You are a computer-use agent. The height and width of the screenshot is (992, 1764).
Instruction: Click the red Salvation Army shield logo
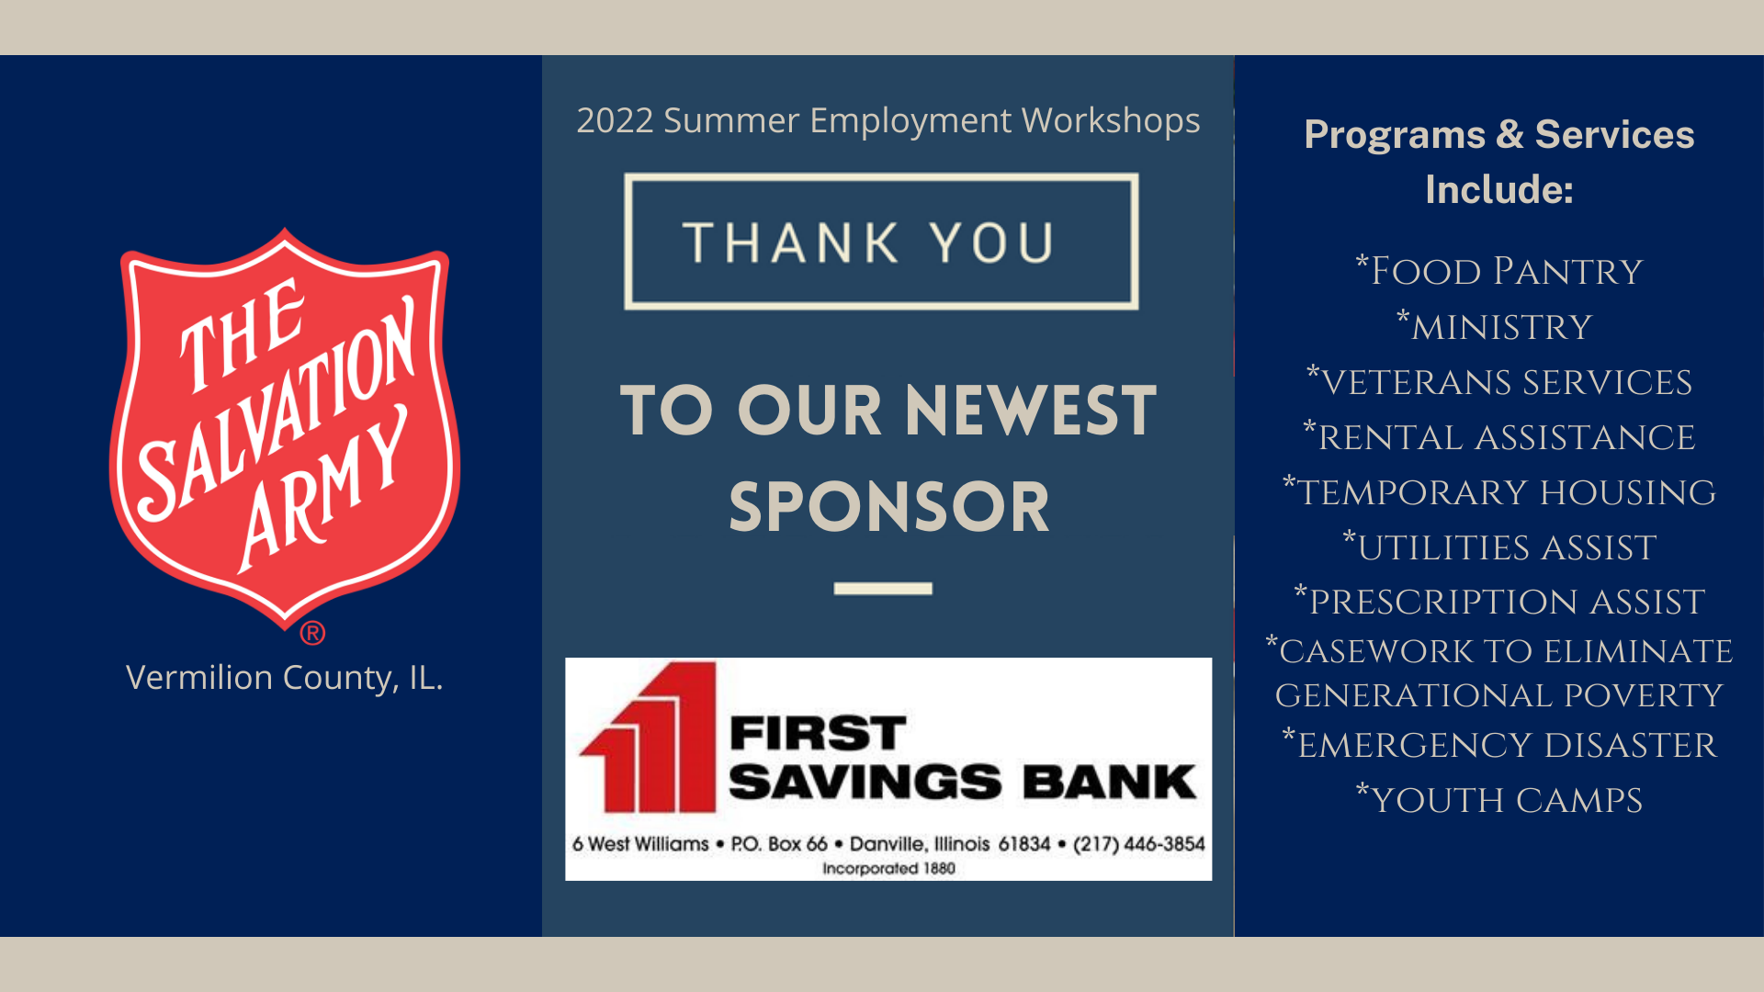(285, 427)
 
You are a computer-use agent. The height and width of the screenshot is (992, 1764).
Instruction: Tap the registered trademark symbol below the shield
(312, 633)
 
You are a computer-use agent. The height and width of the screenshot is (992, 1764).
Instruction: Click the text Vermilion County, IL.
(285, 678)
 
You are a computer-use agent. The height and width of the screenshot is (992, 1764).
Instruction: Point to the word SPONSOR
(889, 507)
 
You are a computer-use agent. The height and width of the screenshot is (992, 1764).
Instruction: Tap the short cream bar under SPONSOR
(883, 588)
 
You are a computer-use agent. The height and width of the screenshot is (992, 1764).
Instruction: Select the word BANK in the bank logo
(1110, 782)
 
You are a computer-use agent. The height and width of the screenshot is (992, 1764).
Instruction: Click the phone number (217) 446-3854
(1138, 844)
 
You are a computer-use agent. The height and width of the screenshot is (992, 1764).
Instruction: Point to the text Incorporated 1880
(888, 869)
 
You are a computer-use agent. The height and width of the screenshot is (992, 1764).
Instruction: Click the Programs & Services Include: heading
(1499, 162)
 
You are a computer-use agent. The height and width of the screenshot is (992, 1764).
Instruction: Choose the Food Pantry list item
(1499, 271)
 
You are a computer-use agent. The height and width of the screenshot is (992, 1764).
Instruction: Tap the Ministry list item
(1495, 326)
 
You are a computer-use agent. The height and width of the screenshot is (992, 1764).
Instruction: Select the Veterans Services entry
(1499, 381)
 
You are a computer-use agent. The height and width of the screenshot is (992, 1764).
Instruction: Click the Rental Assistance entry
(1499, 436)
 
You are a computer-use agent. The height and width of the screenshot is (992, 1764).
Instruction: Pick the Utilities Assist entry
(1499, 547)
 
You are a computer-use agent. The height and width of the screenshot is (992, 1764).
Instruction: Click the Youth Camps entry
(1499, 799)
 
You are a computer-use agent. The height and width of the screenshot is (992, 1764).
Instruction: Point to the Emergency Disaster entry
(1499, 744)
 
